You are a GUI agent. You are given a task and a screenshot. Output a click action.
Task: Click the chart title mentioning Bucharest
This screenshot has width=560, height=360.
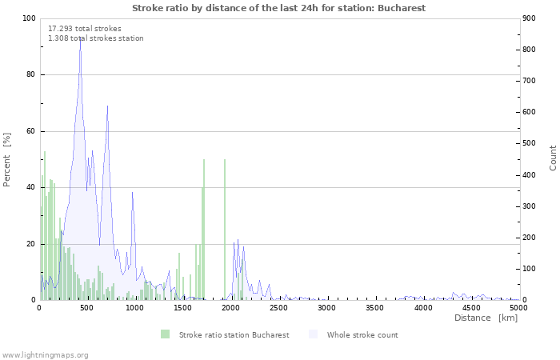click(x=278, y=8)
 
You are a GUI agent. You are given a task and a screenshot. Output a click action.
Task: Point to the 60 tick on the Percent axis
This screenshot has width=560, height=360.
click(x=31, y=131)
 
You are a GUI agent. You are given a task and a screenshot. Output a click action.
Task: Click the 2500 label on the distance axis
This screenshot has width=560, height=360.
click(x=278, y=308)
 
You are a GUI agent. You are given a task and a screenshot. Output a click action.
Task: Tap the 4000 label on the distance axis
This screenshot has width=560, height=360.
click(x=423, y=308)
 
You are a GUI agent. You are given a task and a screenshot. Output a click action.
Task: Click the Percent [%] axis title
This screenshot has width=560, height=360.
click(x=6, y=160)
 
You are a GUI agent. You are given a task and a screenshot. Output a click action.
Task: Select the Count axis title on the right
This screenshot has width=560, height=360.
click(x=553, y=158)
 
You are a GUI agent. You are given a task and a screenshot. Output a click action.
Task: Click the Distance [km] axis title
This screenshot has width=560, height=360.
click(x=486, y=318)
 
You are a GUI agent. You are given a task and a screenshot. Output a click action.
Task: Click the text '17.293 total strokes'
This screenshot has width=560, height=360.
click(x=85, y=29)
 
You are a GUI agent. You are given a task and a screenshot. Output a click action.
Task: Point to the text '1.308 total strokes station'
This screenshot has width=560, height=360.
click(x=96, y=38)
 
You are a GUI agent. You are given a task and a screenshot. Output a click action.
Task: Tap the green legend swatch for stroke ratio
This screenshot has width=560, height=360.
click(x=165, y=334)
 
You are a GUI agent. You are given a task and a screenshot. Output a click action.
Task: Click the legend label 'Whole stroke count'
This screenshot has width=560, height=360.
click(x=362, y=335)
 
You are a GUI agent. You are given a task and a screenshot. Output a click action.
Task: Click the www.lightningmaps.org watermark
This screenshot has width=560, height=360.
click(x=44, y=355)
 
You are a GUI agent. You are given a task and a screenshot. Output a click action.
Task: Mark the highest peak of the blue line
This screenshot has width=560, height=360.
click(x=80, y=38)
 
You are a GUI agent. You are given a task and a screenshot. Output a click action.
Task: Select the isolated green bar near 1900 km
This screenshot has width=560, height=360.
click(x=225, y=230)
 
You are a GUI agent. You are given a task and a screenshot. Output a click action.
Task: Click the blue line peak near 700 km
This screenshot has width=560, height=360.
click(x=107, y=106)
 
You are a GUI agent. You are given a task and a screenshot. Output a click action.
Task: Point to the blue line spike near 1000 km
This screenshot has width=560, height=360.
click(x=132, y=193)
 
